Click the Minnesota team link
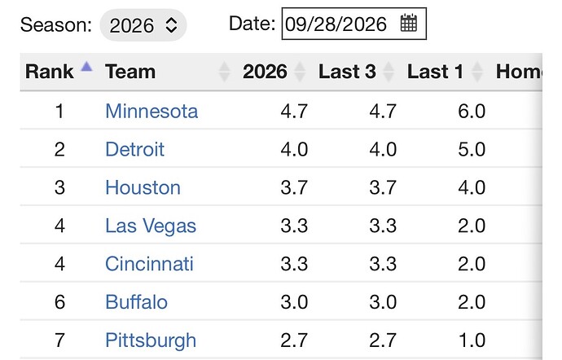point(151,111)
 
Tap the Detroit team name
point(134,149)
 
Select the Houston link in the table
point(143,187)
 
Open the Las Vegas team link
point(151,226)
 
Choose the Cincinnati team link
point(149,264)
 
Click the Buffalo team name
point(136,302)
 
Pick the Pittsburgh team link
point(151,340)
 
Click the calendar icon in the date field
point(409,24)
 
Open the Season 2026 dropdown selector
point(143,25)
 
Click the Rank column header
point(49,72)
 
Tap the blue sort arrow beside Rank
point(86,66)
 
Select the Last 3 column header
point(347,72)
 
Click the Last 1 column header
point(435,72)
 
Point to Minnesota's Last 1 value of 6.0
point(472,111)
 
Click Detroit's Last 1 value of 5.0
point(472,149)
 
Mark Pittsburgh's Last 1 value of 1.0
point(472,340)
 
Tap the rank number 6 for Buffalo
point(59,302)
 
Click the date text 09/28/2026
point(336,24)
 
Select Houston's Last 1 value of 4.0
point(472,187)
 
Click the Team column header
point(130,72)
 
